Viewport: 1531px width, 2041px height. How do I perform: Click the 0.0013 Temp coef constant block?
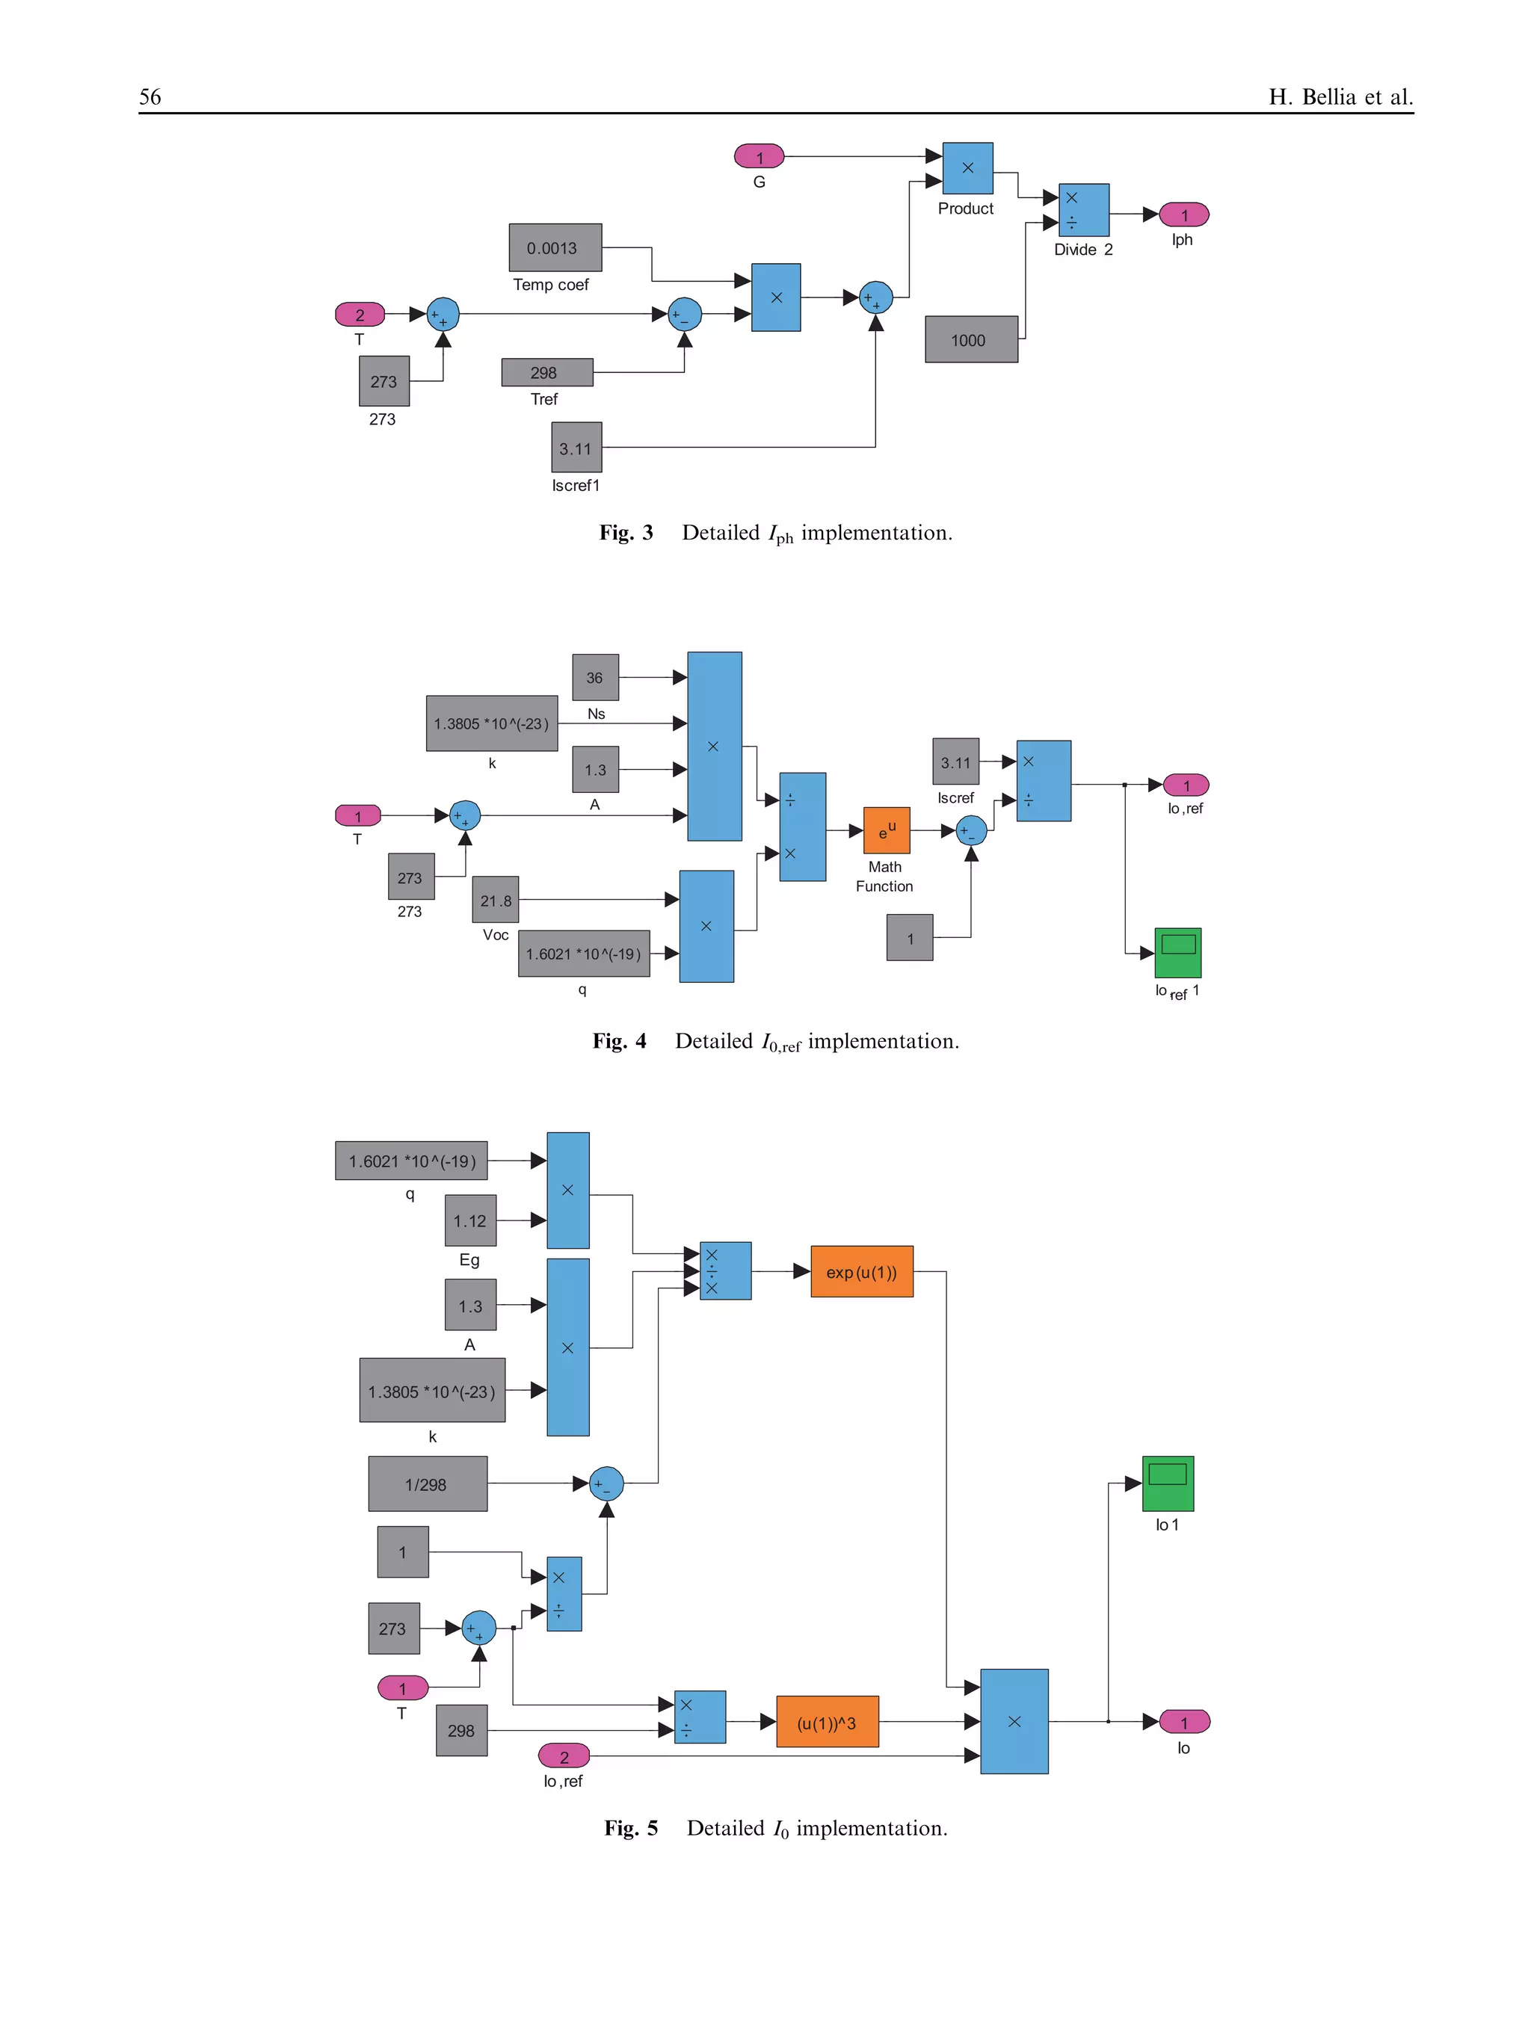555,247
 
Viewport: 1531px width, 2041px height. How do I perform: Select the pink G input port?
759,157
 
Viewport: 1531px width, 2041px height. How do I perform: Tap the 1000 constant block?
971,339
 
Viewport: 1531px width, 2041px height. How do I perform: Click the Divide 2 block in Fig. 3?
1083,210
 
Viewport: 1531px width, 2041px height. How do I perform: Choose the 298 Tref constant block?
546,373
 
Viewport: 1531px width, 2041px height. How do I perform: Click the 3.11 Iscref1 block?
576,448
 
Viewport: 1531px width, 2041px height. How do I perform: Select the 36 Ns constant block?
595,677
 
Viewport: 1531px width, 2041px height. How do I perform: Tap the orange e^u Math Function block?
886,830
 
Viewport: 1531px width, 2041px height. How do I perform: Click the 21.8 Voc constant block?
495,900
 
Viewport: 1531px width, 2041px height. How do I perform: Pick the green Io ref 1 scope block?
1177,952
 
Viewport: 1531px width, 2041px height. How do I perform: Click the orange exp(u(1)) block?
861,1271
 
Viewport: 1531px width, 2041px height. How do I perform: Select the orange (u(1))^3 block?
827,1722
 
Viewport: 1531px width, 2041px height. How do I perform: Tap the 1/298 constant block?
428,1483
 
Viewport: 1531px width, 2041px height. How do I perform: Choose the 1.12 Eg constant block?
469,1220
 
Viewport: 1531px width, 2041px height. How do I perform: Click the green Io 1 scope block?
1168,1483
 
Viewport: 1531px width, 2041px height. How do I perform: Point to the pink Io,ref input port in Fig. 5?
563,1756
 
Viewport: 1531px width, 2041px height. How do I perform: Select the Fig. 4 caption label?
619,1042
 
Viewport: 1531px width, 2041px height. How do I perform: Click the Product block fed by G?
967,168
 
